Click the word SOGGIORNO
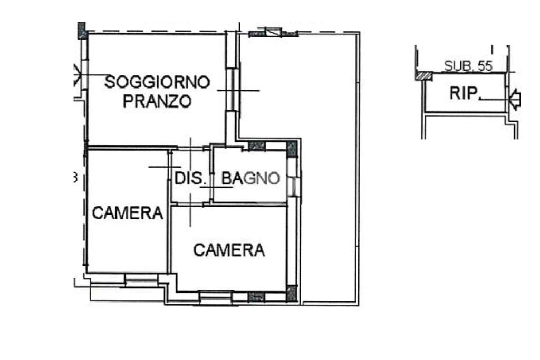[x=157, y=82]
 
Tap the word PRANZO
[x=157, y=101]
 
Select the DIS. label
[x=188, y=178]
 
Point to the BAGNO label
[x=250, y=178]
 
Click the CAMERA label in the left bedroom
[x=128, y=213]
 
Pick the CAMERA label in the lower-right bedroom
[x=229, y=250]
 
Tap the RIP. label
[x=465, y=93]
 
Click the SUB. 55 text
[x=468, y=66]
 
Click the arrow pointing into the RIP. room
[x=515, y=99]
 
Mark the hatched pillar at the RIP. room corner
[x=423, y=76]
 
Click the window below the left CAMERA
[x=141, y=280]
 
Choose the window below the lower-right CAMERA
[x=216, y=298]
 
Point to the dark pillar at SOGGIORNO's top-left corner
[x=82, y=30]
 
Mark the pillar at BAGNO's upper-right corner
[x=292, y=149]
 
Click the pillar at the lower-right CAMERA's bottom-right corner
[x=292, y=294]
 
